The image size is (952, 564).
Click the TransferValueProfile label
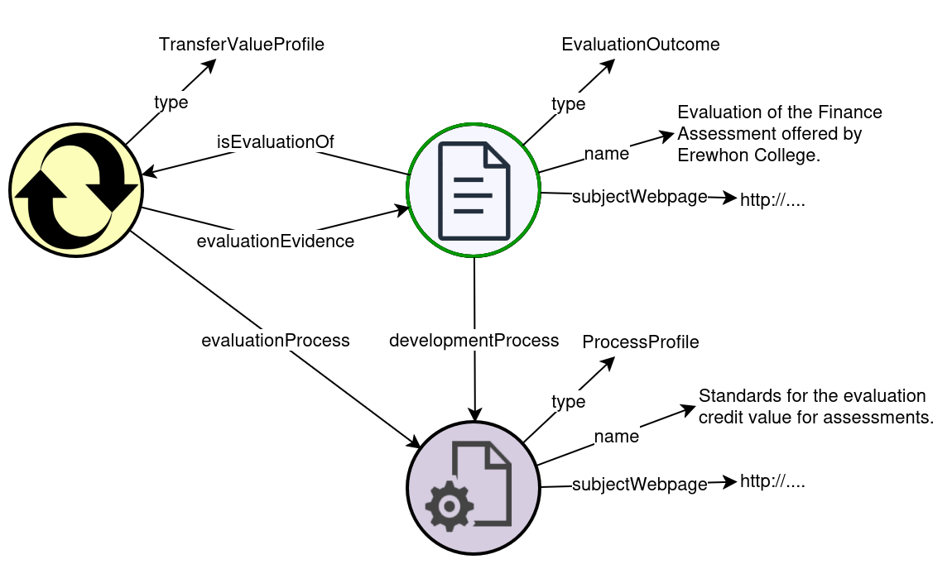click(x=241, y=45)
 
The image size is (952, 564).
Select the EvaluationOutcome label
click(x=641, y=45)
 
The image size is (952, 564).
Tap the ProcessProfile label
click(x=641, y=342)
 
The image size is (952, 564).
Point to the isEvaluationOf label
click(x=275, y=142)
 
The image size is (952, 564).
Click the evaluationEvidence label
click(x=275, y=241)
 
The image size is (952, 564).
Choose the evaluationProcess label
click(x=276, y=340)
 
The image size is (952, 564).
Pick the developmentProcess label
click(x=474, y=340)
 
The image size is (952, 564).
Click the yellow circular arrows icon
click(x=76, y=190)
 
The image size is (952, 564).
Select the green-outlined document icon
click(x=473, y=190)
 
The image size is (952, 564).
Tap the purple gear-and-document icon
click(x=473, y=488)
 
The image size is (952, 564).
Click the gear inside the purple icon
click(x=449, y=504)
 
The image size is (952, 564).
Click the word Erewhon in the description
click(x=709, y=155)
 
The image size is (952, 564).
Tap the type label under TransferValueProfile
click(x=171, y=103)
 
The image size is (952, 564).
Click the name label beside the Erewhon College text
click(x=607, y=153)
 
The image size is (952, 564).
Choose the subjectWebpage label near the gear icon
click(x=640, y=484)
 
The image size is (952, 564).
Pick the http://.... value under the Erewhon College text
click(x=772, y=199)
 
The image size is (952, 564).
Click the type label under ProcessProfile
click(x=569, y=402)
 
